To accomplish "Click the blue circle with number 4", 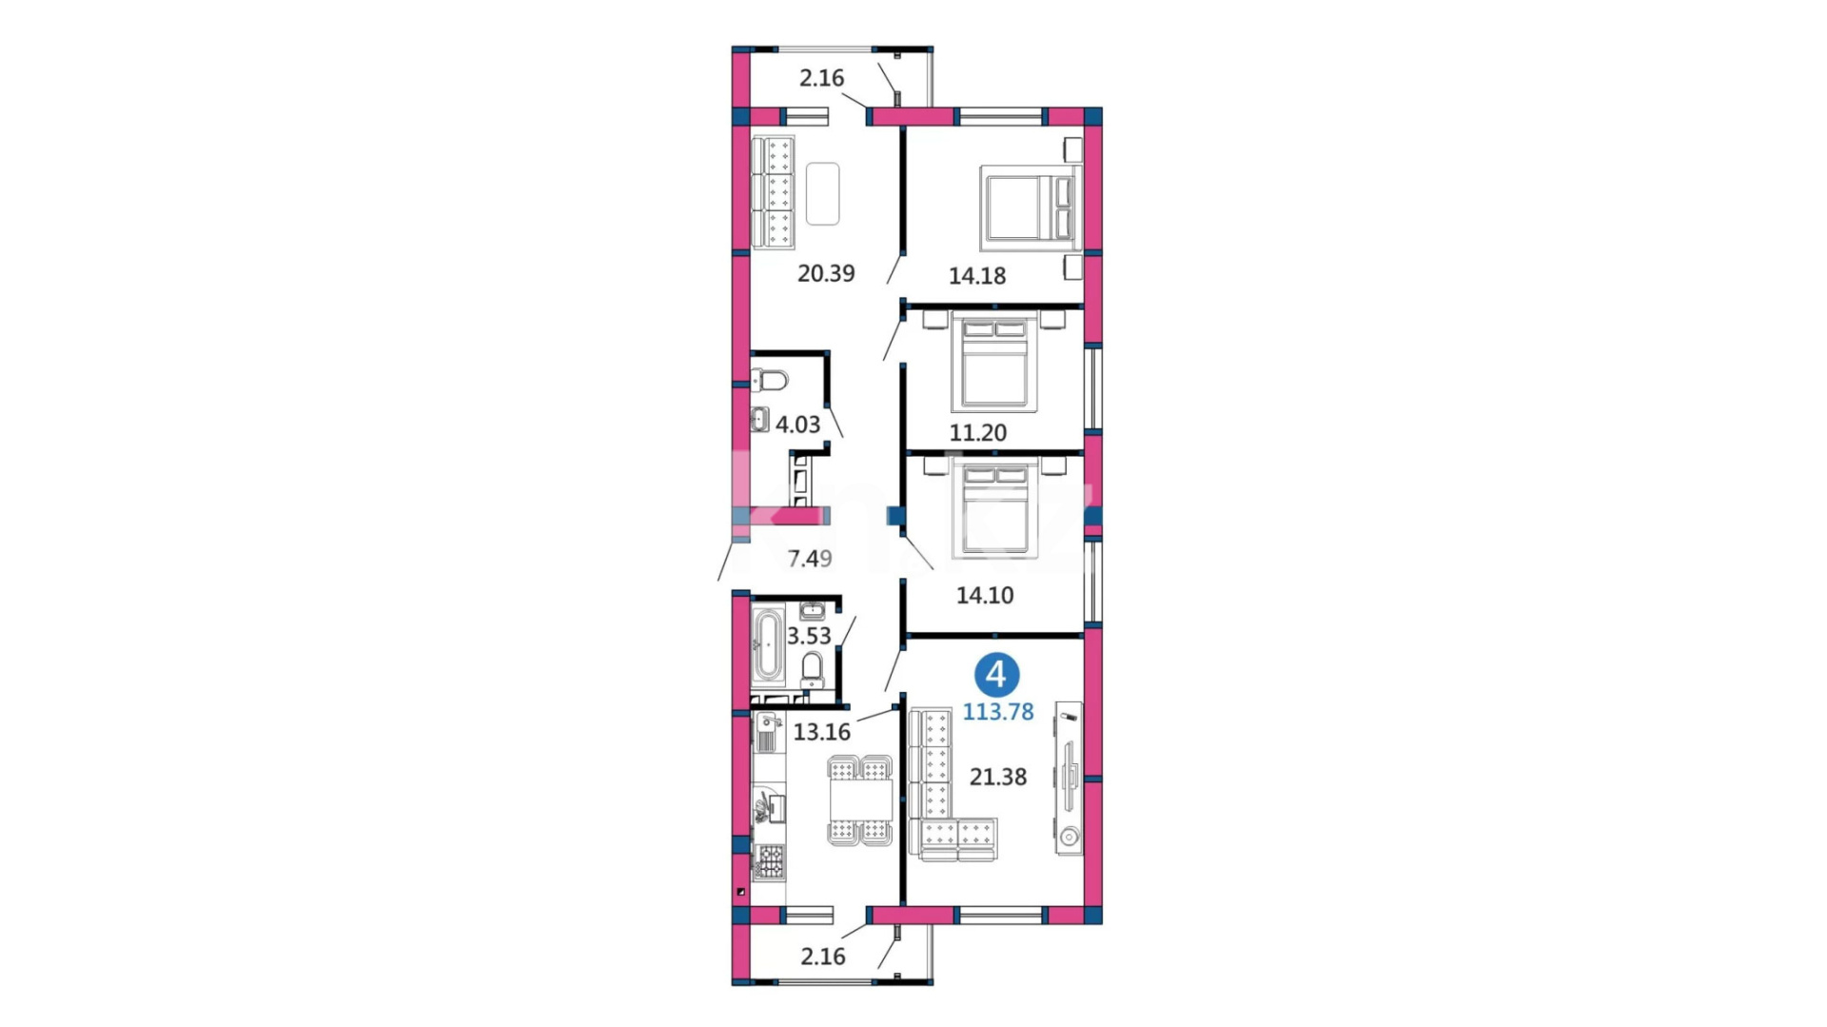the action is [996, 675].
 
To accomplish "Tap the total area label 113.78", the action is [998, 712].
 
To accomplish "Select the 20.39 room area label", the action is [826, 273].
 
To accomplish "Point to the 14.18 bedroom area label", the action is [977, 276].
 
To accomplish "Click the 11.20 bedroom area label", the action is [978, 433].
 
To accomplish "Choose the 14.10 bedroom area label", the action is [985, 596].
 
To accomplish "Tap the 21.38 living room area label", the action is [998, 778].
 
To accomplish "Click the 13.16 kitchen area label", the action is [822, 732].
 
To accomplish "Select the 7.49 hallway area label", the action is [810, 559].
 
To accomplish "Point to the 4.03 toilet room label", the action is [797, 425].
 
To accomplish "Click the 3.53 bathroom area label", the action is [809, 636].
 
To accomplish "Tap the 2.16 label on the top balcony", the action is [821, 78].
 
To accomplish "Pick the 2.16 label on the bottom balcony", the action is [823, 957].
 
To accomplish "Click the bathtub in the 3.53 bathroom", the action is [767, 645].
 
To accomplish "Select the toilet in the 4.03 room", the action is [770, 381].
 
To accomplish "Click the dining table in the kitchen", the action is [861, 800].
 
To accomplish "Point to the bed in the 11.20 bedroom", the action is [994, 363].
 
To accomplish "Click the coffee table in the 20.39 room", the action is [823, 194].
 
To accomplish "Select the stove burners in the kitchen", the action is [770, 861].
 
